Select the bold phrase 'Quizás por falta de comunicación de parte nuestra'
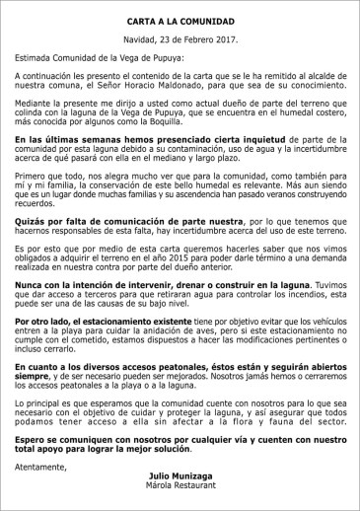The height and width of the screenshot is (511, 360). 114,221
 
